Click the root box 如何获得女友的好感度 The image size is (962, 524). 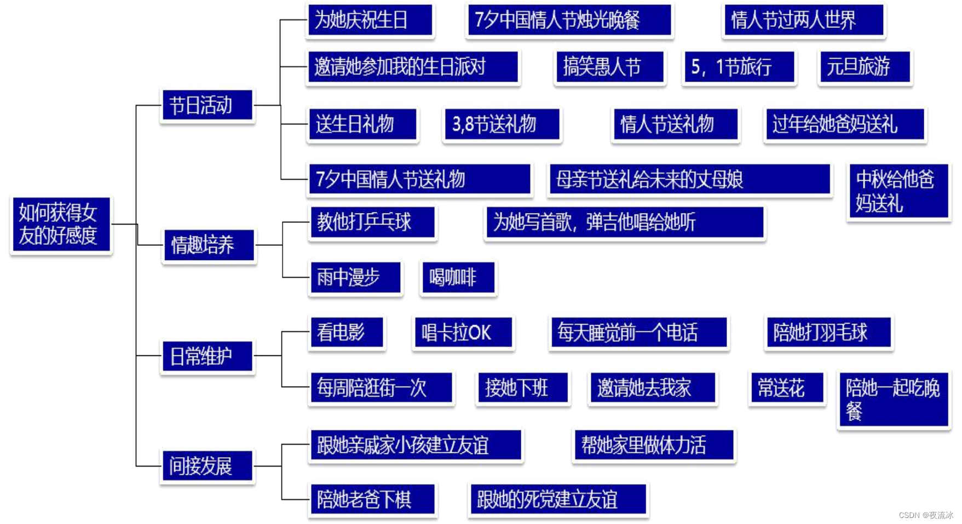pyautogui.click(x=61, y=224)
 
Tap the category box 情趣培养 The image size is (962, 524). pyautogui.click(x=209, y=245)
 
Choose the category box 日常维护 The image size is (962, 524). pyautogui.click(x=208, y=356)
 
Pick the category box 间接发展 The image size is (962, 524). pyautogui.click(x=208, y=466)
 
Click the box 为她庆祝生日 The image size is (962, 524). pyautogui.click(x=370, y=20)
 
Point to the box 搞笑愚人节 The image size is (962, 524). pyautogui.click(x=609, y=67)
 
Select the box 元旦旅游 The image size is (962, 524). pyautogui.click(x=864, y=67)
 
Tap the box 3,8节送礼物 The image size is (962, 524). pyautogui.click(x=502, y=124)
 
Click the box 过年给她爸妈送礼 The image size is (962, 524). pyautogui.click(x=844, y=124)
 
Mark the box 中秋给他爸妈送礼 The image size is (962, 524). pyautogui.click(x=898, y=192)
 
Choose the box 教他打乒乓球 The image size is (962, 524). pyautogui.click(x=372, y=222)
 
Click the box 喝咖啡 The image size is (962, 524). pyautogui.click(x=458, y=278)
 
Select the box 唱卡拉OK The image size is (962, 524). pyautogui.click(x=463, y=332)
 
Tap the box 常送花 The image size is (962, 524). pyautogui.click(x=786, y=388)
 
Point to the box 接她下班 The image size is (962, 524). pyautogui.click(x=522, y=388)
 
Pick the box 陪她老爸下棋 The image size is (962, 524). pyautogui.click(x=372, y=499)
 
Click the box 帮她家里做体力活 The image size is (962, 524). pyautogui.click(x=653, y=445)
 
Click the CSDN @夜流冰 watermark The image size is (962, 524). pyautogui.click(x=926, y=515)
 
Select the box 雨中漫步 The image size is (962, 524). pyautogui.click(x=355, y=278)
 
